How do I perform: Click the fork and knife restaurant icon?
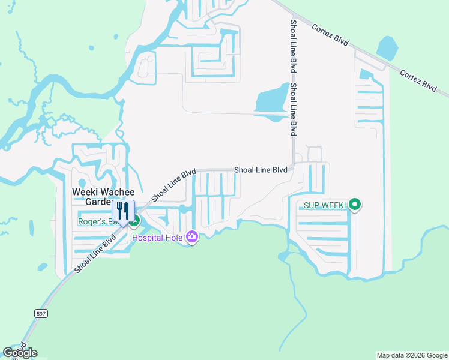pos(124,212)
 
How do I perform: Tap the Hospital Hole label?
pos(158,238)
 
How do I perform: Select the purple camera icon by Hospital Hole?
pos(192,238)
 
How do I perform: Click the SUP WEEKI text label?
pos(325,205)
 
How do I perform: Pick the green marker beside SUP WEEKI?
pos(355,205)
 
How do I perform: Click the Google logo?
pos(20,353)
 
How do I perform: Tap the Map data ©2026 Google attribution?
pos(412,355)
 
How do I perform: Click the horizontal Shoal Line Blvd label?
pos(261,170)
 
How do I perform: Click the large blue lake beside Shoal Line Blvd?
pos(271,99)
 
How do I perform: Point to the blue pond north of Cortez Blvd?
pos(388,48)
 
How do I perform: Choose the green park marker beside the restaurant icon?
pos(135,221)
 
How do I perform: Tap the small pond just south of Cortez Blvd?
pos(364,75)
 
